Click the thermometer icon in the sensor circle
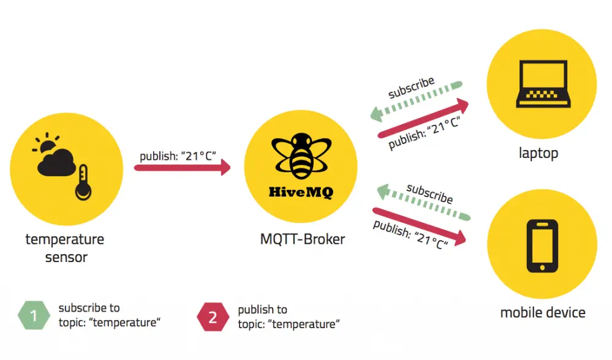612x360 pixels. pyautogui.click(x=83, y=182)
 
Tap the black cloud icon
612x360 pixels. pyautogui.click(x=56, y=163)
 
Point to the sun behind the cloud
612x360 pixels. pyautogui.click(x=47, y=143)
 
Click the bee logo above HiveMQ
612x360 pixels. pyautogui.click(x=301, y=156)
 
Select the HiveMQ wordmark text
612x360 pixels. pyautogui.click(x=301, y=192)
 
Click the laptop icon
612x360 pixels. pyautogui.click(x=543, y=84)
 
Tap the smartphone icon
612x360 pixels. pyautogui.click(x=542, y=246)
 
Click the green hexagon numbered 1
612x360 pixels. pyautogui.click(x=34, y=315)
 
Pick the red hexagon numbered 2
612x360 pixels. pyautogui.click(x=213, y=317)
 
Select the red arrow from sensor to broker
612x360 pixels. pyautogui.click(x=183, y=168)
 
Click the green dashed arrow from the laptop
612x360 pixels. pyautogui.click(x=416, y=102)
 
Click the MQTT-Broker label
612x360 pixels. pyautogui.click(x=303, y=239)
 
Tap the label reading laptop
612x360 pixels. pyautogui.click(x=538, y=153)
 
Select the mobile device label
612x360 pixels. pyautogui.click(x=543, y=312)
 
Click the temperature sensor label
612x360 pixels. pyautogui.click(x=65, y=248)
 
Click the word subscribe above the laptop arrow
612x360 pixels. pyautogui.click(x=411, y=88)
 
